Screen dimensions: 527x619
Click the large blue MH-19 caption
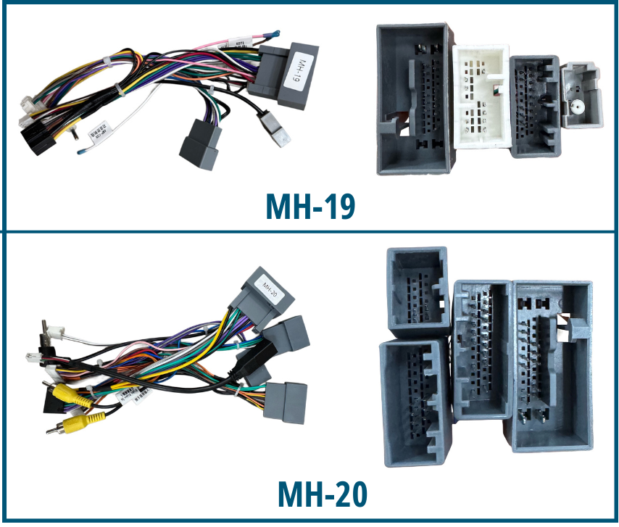(311, 207)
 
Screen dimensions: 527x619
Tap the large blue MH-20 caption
(323, 494)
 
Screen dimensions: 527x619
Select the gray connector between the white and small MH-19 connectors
(534, 105)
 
